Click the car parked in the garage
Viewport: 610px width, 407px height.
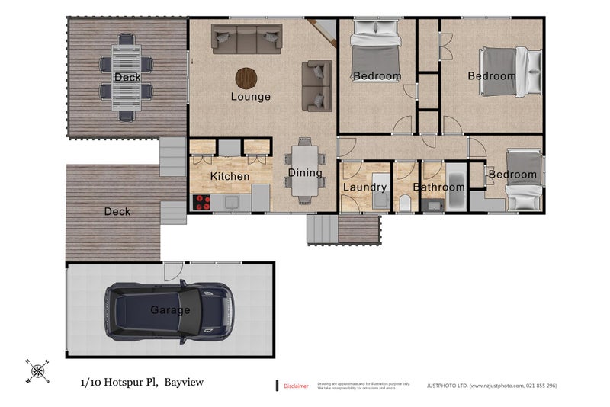tap(169, 311)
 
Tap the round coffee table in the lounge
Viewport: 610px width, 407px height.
tap(246, 78)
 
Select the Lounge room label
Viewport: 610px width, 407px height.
tap(251, 97)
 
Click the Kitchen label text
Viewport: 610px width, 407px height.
tap(230, 177)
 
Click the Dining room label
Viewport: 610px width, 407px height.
tap(304, 173)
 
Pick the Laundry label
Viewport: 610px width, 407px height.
tap(364, 187)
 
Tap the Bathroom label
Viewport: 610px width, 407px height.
tap(439, 187)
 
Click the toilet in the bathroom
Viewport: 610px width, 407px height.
tap(405, 203)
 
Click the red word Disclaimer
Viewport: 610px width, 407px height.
tap(296, 386)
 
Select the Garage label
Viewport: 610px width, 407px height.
tap(165, 310)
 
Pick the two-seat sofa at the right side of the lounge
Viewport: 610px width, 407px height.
tap(316, 85)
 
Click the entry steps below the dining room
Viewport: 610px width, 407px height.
tap(321, 229)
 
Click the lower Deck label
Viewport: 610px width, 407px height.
tap(117, 211)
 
